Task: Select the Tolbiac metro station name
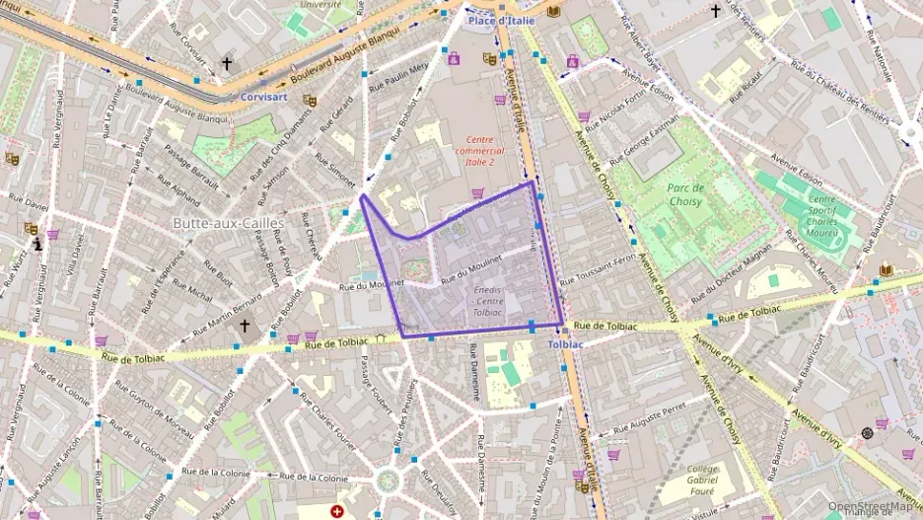(565, 344)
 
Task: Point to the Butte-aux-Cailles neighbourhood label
(228, 223)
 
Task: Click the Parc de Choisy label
(684, 194)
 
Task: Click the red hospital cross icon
(337, 512)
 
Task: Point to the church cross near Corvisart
(226, 63)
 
